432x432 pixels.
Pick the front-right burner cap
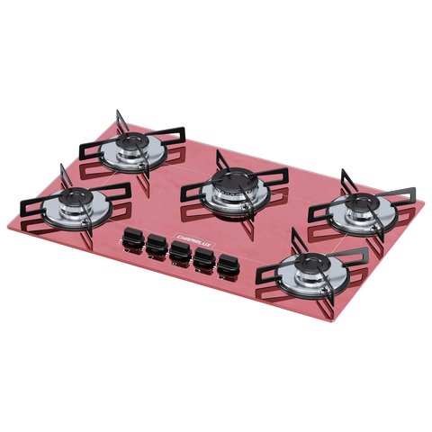[310, 264]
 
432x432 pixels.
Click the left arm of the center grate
[190, 190]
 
